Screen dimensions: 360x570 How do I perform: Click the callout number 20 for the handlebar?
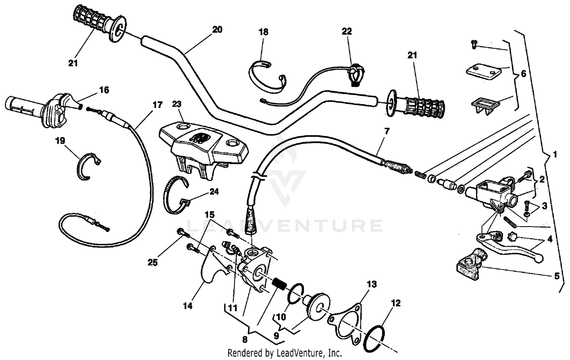point(217,30)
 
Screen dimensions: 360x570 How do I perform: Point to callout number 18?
point(263,32)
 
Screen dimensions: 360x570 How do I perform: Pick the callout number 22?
point(347,32)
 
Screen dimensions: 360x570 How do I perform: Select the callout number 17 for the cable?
point(157,105)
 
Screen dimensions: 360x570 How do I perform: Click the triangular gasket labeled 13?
point(346,321)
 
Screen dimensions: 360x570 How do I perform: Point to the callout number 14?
point(188,306)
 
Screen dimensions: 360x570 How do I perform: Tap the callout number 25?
point(152,262)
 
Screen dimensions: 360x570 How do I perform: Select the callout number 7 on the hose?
point(387,132)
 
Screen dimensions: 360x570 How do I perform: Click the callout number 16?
point(104,90)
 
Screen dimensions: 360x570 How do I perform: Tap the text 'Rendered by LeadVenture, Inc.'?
point(285,353)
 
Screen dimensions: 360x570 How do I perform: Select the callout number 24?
point(214,192)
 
